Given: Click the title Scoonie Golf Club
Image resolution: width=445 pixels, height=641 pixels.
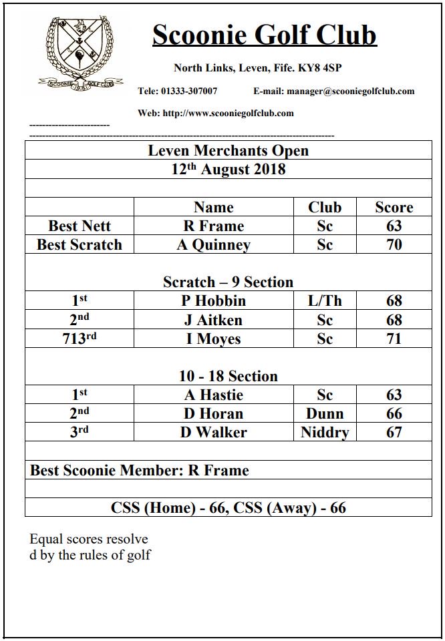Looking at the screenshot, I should tap(265, 35).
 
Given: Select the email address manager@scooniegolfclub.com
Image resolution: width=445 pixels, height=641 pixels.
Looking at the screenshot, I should tap(333, 91).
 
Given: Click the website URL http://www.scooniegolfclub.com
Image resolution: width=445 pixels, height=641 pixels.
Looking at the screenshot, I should tap(216, 113).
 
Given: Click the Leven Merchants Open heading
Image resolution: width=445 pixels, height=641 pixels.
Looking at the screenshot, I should tap(228, 150).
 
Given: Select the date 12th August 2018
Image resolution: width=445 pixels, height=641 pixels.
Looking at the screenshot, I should tap(228, 169).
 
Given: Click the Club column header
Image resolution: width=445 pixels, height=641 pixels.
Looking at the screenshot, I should tap(325, 207).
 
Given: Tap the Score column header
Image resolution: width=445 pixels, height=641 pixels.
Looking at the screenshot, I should tap(394, 207).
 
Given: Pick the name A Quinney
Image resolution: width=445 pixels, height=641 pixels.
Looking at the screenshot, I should tap(213, 245).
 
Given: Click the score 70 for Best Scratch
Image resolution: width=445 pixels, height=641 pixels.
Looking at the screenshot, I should tap(394, 244).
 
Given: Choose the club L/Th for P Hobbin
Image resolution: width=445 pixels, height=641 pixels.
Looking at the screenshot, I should tap(325, 301).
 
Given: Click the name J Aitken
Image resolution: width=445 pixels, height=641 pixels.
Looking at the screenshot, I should tap(213, 320).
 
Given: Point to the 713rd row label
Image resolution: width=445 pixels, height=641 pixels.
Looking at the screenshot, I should tap(80, 339).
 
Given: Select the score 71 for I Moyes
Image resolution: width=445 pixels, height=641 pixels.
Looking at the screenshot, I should tap(394, 339).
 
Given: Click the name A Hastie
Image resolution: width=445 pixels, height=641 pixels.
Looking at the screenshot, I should tap(213, 395).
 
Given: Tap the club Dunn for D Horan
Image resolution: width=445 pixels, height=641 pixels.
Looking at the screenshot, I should tap(325, 413).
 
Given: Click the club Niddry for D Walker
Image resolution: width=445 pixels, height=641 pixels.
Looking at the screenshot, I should tap(325, 433).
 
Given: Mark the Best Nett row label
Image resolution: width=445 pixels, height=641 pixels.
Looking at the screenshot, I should tap(80, 226).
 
